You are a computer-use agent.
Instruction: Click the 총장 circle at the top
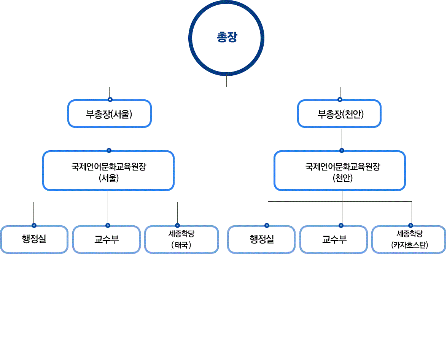(227, 38)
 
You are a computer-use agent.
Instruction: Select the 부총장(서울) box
(110, 113)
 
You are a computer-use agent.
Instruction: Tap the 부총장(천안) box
(339, 113)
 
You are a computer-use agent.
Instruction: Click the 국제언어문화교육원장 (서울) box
(108, 171)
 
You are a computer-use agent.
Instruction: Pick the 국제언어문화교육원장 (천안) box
(340, 171)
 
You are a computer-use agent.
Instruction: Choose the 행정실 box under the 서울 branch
(34, 240)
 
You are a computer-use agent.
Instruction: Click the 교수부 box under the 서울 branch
(107, 240)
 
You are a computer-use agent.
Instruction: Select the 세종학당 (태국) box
(181, 240)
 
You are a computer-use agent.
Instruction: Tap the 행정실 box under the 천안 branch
(261, 240)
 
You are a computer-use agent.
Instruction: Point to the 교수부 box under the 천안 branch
(334, 240)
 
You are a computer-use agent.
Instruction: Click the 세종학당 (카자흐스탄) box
(409, 240)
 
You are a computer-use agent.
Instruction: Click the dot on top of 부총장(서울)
(110, 100)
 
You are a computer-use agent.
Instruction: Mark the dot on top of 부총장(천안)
(340, 100)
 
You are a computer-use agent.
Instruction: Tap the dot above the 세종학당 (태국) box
(177, 225)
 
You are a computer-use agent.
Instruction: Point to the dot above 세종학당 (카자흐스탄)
(410, 225)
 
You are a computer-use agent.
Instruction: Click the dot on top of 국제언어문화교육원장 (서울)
(109, 150)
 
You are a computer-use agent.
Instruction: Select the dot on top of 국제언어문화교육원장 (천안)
(342, 150)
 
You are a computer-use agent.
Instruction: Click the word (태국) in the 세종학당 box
(181, 245)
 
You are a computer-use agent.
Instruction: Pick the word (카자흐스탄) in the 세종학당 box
(409, 245)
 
